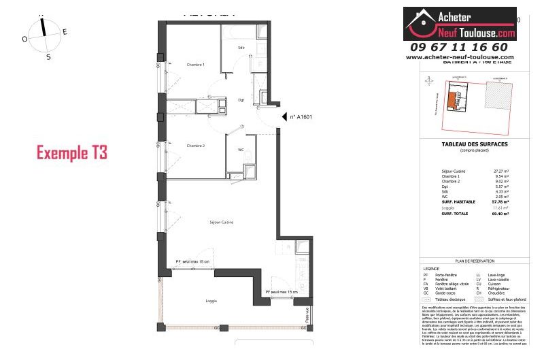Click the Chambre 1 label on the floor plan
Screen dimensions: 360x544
click(x=196, y=65)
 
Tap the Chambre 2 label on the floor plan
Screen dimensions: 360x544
click(x=196, y=146)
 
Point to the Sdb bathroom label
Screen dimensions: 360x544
click(x=241, y=48)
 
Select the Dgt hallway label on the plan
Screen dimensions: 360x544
click(x=241, y=100)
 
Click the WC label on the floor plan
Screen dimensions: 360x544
click(x=241, y=150)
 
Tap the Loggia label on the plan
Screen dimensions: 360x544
click(x=192, y=299)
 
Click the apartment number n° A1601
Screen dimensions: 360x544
click(x=301, y=117)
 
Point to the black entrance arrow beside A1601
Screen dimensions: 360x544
click(x=285, y=117)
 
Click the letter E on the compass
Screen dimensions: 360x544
click(x=65, y=31)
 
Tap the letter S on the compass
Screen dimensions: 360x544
click(x=48, y=57)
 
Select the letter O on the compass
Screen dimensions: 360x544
click(x=24, y=39)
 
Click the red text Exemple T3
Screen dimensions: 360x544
click(x=71, y=152)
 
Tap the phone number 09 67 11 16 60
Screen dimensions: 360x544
click(x=459, y=47)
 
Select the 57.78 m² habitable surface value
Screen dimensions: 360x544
click(x=500, y=202)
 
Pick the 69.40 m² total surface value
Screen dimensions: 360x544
click(x=500, y=214)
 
